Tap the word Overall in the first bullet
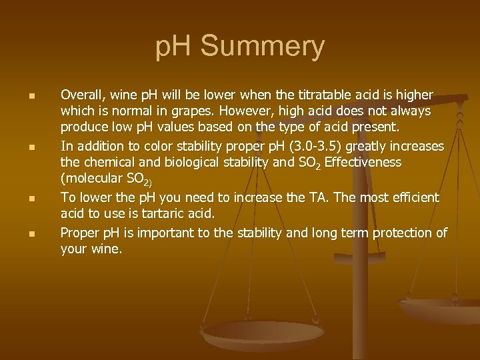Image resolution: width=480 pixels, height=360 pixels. click(x=81, y=95)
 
